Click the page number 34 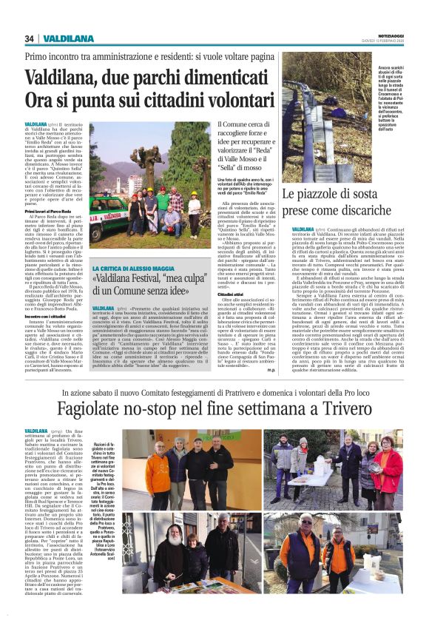coord(30,38)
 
